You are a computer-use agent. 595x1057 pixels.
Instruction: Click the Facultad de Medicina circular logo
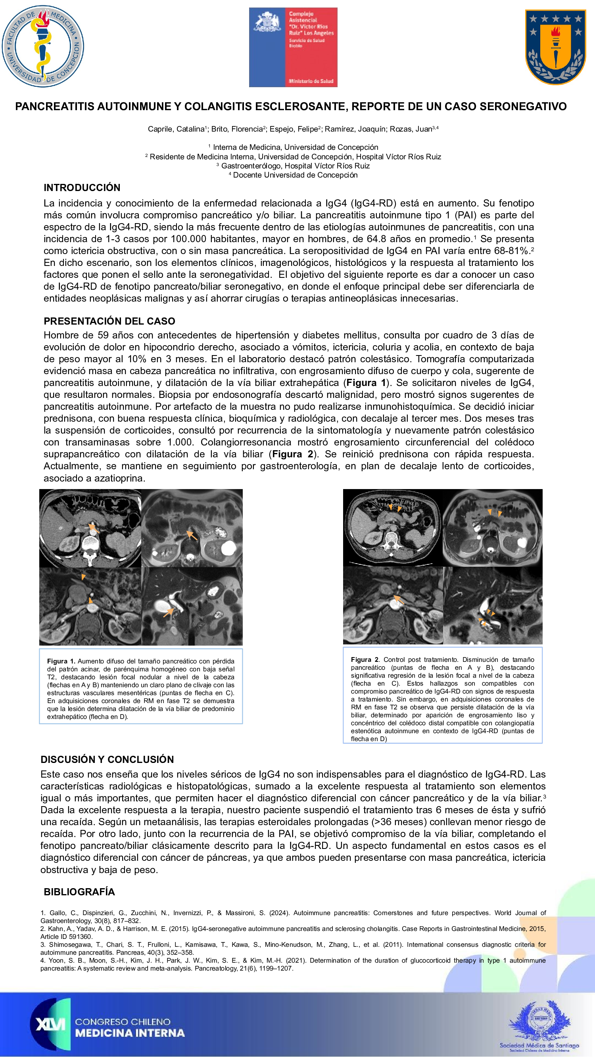pos(43,46)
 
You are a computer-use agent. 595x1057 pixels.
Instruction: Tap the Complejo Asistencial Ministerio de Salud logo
pos(293,47)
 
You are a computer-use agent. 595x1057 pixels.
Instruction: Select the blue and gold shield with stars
pos(555,47)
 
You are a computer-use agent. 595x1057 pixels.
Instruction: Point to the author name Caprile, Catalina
pos(176,129)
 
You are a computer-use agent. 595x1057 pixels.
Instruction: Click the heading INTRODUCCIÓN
pos(82,187)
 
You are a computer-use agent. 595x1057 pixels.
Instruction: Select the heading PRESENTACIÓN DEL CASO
pos(109,321)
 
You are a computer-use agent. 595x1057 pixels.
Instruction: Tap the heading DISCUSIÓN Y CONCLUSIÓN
pos(107,759)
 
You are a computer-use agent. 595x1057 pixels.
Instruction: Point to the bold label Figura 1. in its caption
pos(61,661)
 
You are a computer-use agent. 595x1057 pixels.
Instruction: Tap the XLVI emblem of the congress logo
pos(50,1024)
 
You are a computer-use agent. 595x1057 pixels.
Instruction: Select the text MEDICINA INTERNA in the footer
pos(130,1033)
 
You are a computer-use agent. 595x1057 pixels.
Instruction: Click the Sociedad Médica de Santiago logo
pos(539,1026)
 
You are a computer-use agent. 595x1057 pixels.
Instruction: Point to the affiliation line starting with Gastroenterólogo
pos(295,166)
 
